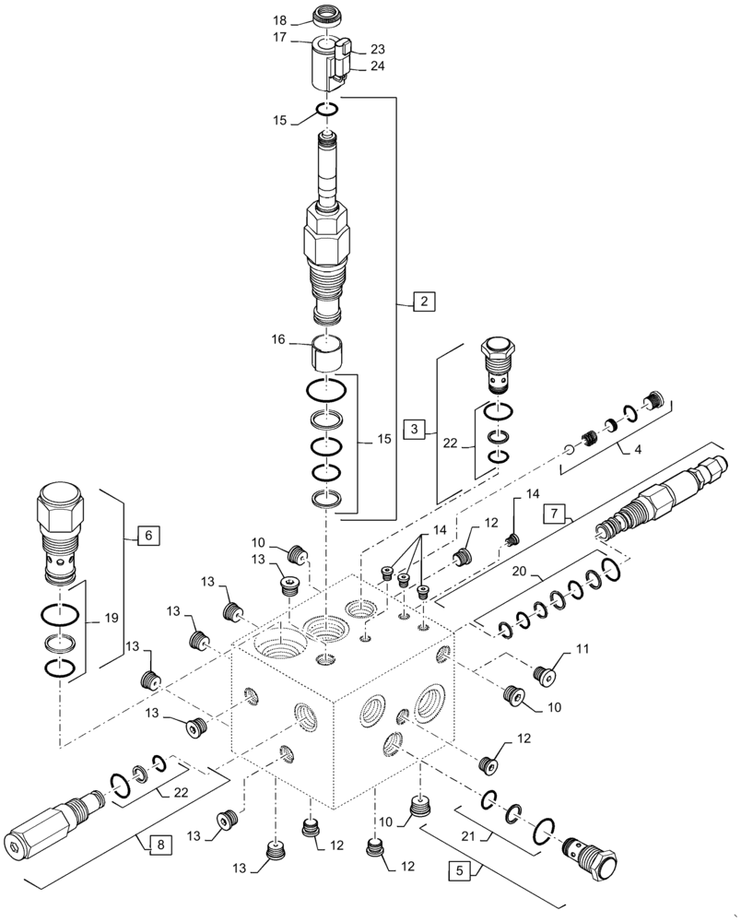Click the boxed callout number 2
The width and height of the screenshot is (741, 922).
click(x=422, y=301)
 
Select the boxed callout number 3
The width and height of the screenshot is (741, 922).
click(x=416, y=428)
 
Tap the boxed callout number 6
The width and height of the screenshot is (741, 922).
click(x=148, y=534)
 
